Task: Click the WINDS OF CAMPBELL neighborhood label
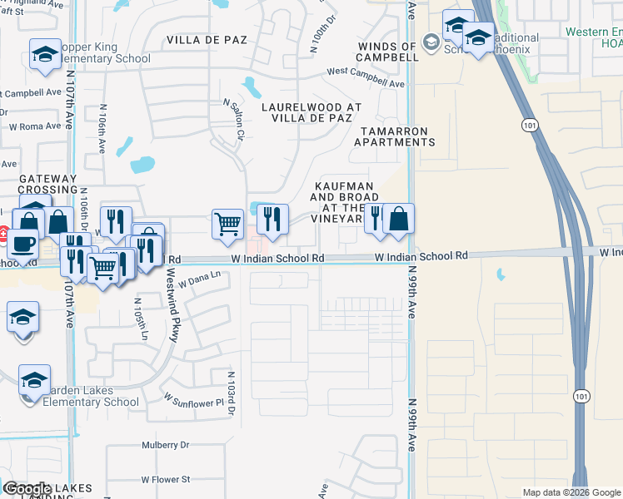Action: [387, 52]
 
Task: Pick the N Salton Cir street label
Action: [232, 120]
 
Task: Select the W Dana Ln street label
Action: [199, 277]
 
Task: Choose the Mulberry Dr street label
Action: [167, 445]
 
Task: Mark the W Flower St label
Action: [166, 479]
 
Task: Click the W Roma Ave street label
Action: [35, 126]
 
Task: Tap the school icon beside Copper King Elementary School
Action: [45, 55]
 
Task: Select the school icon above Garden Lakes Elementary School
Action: [34, 380]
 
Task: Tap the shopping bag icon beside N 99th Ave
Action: [399, 220]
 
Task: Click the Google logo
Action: [27, 489]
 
